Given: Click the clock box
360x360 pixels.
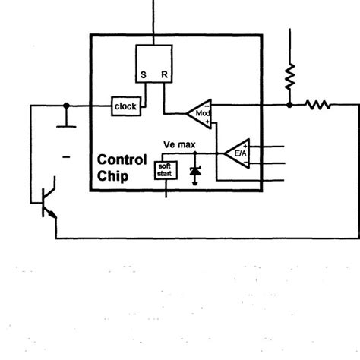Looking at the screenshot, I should (x=126, y=106).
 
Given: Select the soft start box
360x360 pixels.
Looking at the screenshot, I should (x=165, y=171).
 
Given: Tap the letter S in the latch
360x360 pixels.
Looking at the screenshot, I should (x=143, y=75).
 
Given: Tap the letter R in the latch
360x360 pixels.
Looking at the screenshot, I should (x=165, y=75).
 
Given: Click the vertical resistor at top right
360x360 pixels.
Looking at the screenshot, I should (x=289, y=76).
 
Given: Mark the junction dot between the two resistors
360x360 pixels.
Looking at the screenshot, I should (x=289, y=106).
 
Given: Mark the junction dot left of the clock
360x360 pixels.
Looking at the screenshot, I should (x=67, y=106).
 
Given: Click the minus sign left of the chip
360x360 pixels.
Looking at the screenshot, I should (x=66, y=158).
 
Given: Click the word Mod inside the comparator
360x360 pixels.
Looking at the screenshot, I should (x=201, y=113).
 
